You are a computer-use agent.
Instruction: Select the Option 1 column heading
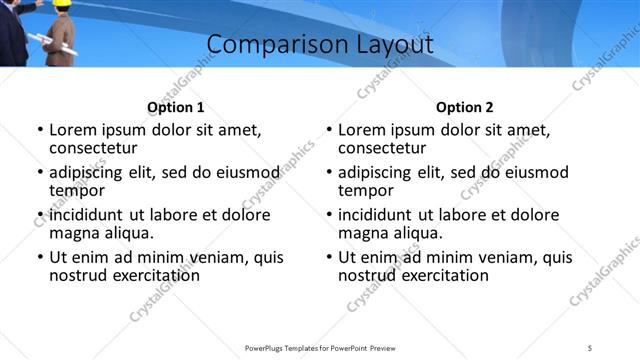click(x=175, y=107)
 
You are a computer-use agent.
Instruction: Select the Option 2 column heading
click(x=464, y=107)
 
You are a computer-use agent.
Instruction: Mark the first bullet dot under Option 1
click(x=40, y=130)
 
